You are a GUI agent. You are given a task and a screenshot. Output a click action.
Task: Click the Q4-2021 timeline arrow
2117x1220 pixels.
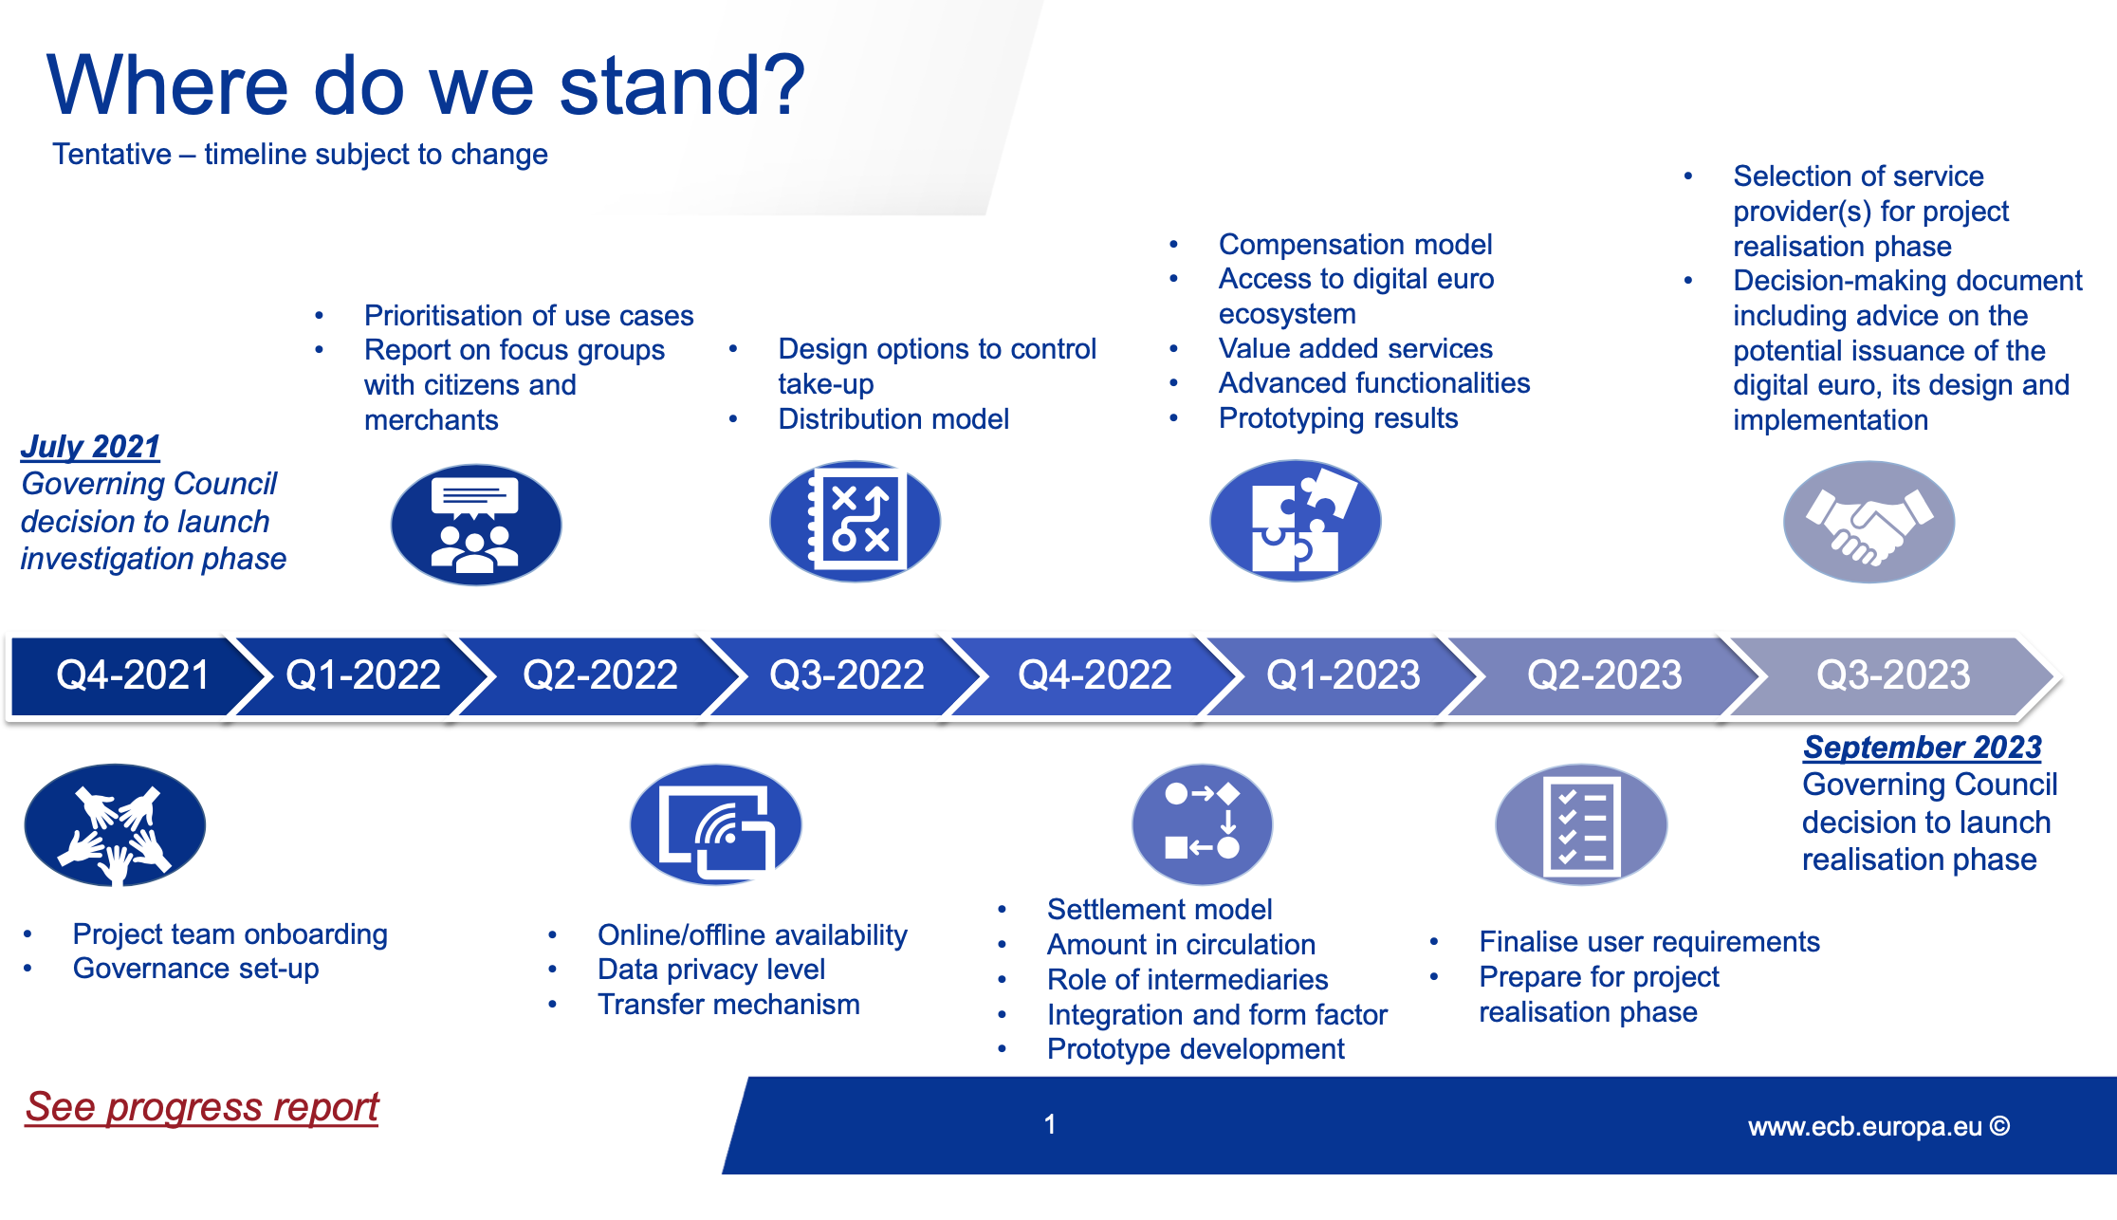tap(128, 675)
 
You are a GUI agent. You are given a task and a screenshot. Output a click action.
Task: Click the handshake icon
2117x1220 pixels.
tap(1868, 522)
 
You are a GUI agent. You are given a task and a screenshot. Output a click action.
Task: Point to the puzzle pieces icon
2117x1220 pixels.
tap(1296, 521)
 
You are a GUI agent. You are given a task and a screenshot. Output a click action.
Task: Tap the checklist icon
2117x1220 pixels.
tap(1581, 824)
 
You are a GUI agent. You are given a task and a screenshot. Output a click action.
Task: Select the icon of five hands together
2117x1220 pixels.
tap(115, 824)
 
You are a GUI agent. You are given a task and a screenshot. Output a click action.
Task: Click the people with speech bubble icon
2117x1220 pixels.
tap(476, 525)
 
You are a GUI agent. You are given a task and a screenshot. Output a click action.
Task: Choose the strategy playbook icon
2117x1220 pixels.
tap(855, 521)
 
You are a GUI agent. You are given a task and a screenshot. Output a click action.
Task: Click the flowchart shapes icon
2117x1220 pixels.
tap(1203, 824)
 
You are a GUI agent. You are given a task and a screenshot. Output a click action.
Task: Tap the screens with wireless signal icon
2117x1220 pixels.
tap(716, 824)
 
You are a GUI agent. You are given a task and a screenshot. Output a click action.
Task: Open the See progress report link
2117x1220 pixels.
tap(202, 1107)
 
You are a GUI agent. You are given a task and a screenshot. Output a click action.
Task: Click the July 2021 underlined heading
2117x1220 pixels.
tap(90, 446)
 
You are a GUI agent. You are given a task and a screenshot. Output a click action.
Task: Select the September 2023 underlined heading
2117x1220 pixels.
tap(1923, 747)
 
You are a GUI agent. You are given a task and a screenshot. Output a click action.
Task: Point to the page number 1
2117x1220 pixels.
tap(1050, 1124)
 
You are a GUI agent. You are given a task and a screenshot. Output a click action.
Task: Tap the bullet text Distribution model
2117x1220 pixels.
tap(893, 418)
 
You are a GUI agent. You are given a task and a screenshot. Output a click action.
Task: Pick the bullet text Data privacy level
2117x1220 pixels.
tap(711, 970)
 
